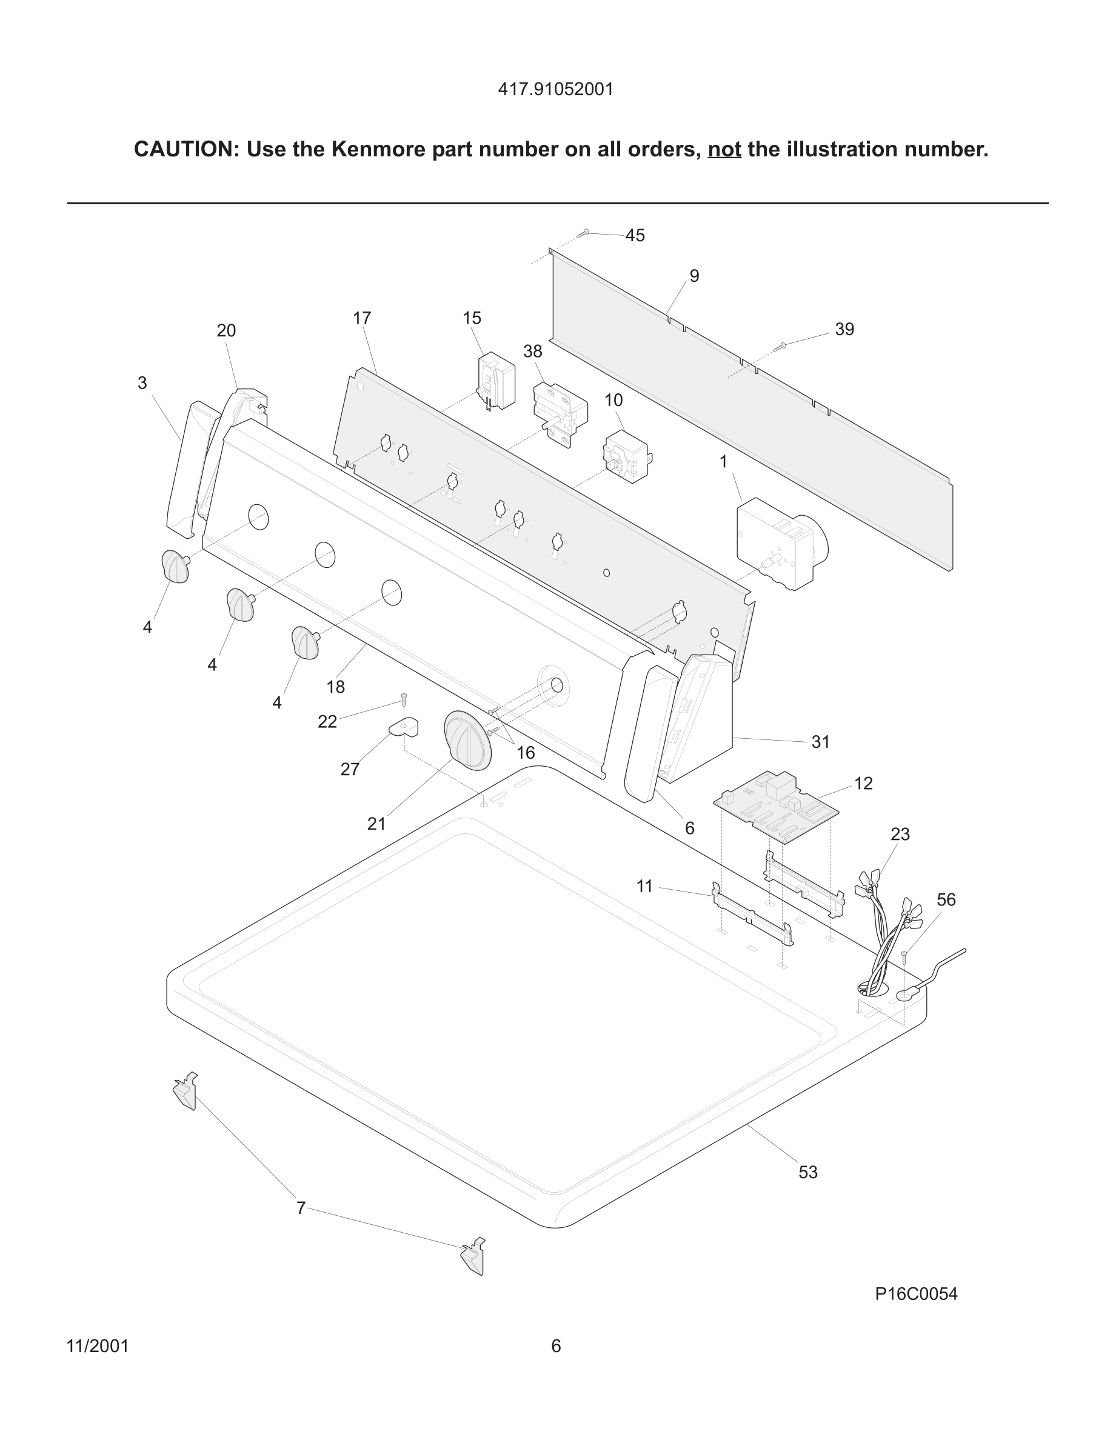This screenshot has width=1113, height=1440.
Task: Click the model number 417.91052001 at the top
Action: (x=555, y=89)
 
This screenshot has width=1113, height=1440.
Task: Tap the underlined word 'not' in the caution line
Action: (x=724, y=150)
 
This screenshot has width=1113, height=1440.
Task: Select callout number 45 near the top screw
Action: (x=634, y=235)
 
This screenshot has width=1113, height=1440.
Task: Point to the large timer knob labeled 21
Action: (x=467, y=740)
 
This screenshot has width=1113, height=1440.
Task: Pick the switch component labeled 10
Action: (x=627, y=457)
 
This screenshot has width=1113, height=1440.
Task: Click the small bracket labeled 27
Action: (x=404, y=728)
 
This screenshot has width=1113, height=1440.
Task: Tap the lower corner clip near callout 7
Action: (x=473, y=1256)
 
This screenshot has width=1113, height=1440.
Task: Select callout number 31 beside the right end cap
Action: (x=820, y=742)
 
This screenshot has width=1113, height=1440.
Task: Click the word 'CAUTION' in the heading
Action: (x=185, y=150)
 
